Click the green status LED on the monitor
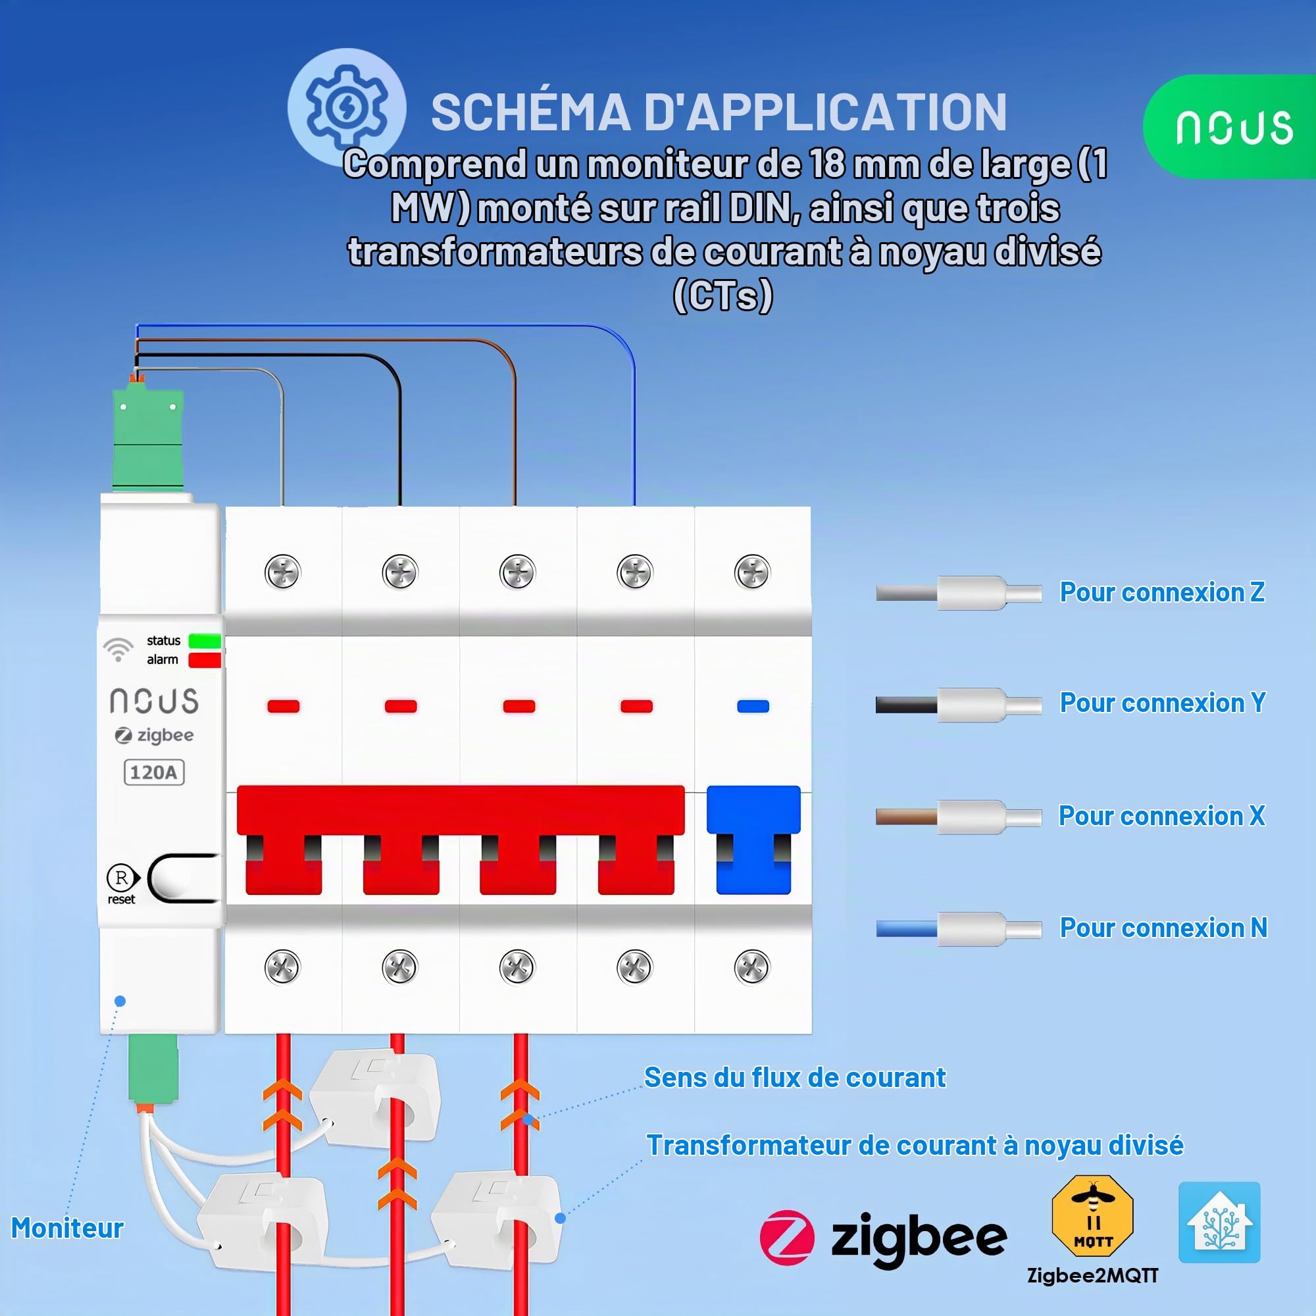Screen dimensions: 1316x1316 click(205, 641)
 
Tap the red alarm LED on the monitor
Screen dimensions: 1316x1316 click(205, 660)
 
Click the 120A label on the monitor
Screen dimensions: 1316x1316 click(154, 772)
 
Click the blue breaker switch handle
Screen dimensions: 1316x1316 click(753, 839)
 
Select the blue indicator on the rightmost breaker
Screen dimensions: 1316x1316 click(753, 706)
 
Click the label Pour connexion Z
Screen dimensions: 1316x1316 click(1162, 592)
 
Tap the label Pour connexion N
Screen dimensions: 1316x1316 click(1163, 928)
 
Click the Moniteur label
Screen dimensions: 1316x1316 click(67, 1227)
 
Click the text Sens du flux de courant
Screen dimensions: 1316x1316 click(795, 1078)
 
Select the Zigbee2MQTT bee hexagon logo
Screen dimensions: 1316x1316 click(1092, 1215)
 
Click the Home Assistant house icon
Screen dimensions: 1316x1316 click(1219, 1222)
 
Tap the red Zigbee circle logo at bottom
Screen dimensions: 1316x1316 click(787, 1238)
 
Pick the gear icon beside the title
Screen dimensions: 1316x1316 click(347, 108)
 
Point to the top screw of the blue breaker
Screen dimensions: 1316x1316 click(752, 572)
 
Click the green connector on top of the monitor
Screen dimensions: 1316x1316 click(148, 437)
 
